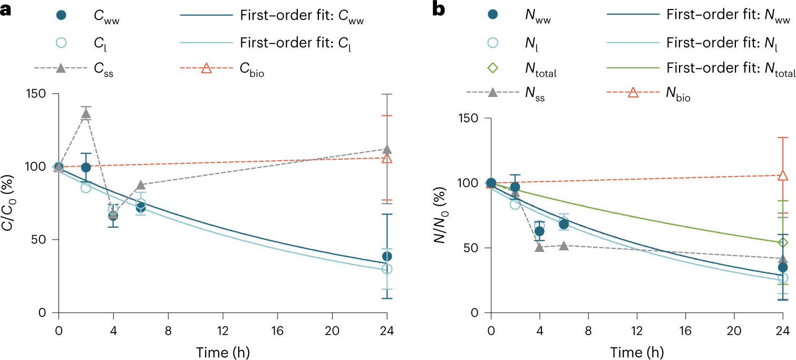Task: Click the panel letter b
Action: click(x=439, y=9)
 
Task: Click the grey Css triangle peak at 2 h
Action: click(x=86, y=114)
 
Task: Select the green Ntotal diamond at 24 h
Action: click(x=782, y=242)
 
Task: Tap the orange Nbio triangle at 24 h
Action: click(x=782, y=176)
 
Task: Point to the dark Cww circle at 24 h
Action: click(x=387, y=256)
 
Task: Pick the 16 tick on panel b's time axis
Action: click(x=685, y=328)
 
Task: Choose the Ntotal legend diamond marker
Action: click(x=491, y=68)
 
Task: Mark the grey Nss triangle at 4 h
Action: click(x=539, y=247)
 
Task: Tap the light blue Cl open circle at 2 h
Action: click(x=86, y=188)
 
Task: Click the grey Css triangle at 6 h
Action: click(x=141, y=185)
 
